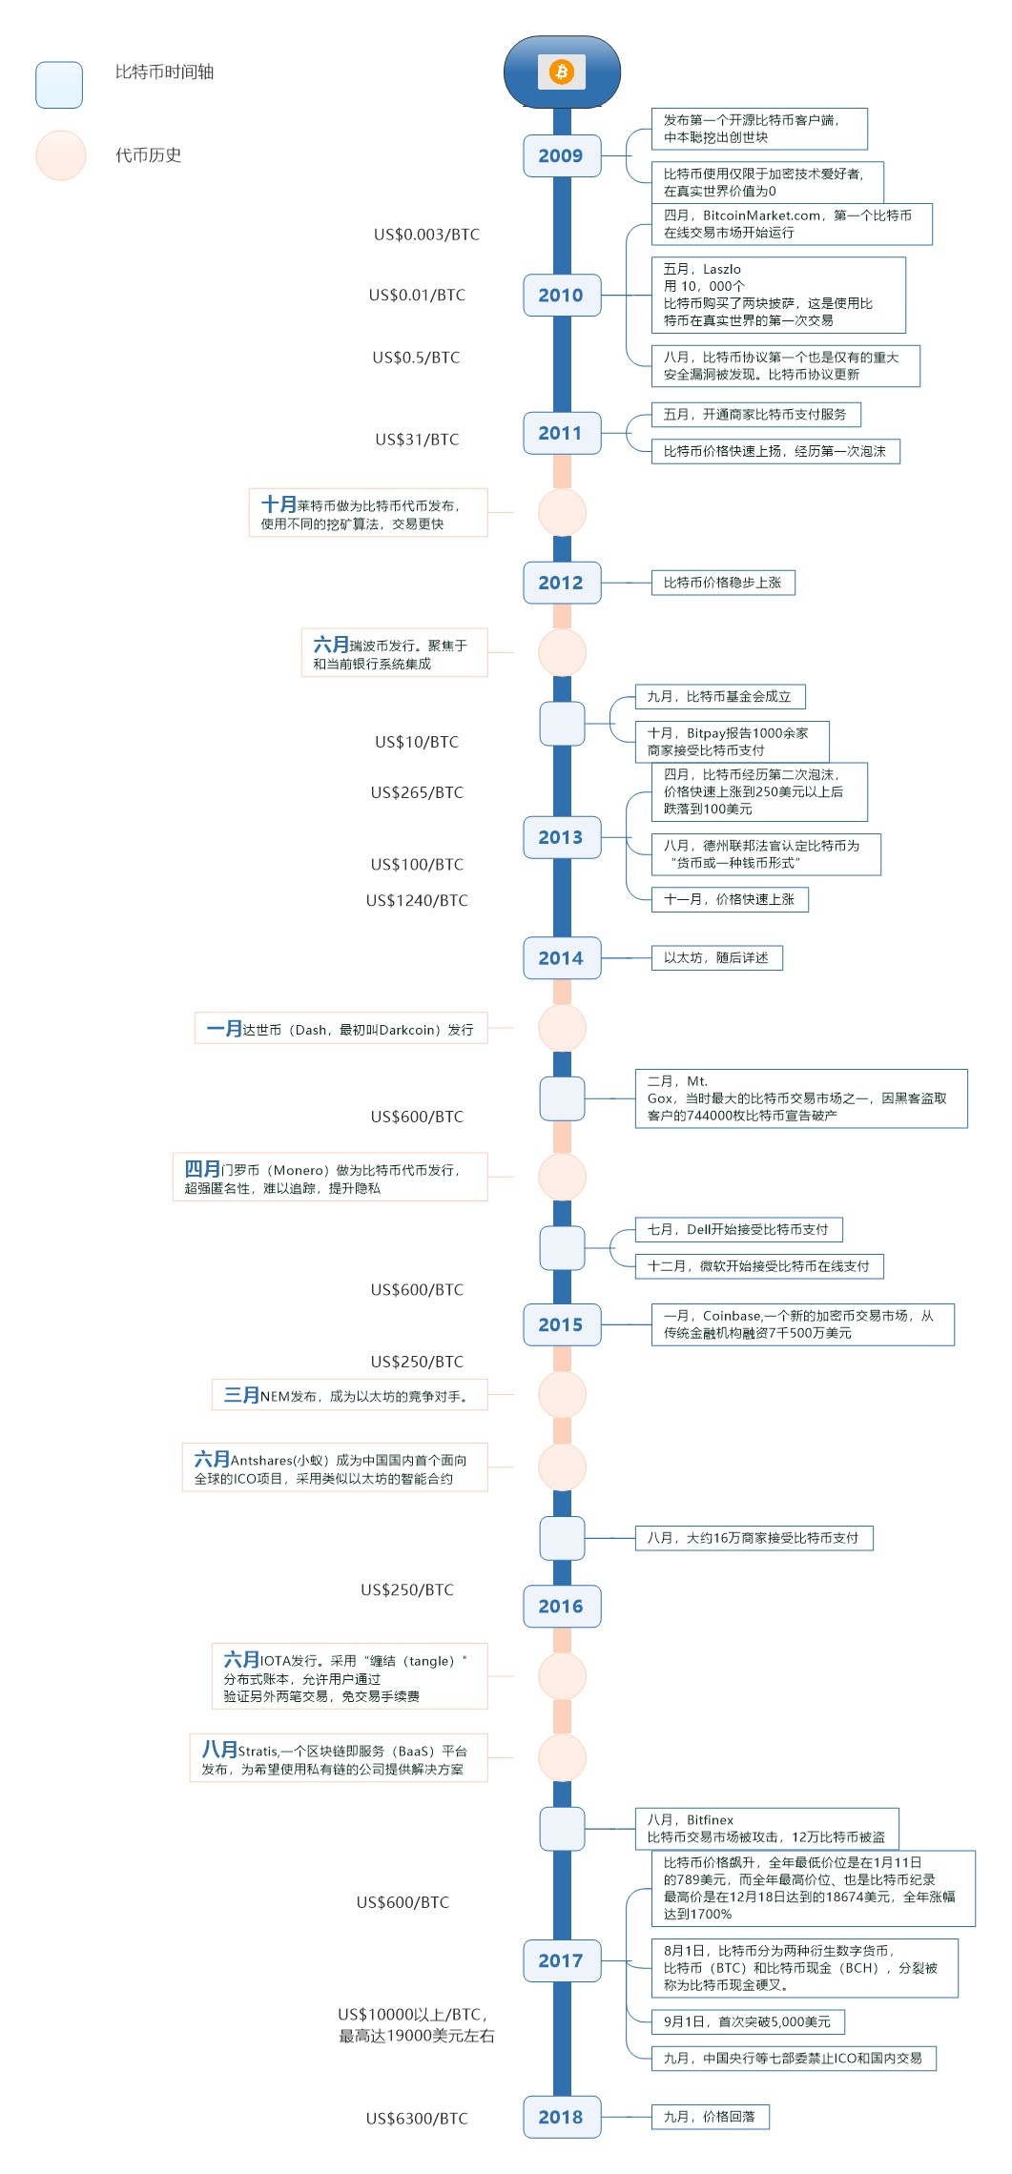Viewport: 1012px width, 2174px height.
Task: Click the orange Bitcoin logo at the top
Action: click(561, 72)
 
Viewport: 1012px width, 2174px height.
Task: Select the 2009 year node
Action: click(561, 155)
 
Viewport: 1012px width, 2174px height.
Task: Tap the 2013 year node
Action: click(561, 837)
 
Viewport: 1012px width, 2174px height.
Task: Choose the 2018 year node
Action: click(561, 2117)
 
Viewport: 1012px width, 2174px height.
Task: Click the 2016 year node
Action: click(561, 1606)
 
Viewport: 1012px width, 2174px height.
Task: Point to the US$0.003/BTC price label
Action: click(426, 235)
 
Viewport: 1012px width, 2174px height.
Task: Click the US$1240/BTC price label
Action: click(417, 900)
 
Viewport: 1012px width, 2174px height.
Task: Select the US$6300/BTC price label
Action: click(417, 2119)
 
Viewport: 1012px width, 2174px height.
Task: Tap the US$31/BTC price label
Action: click(417, 440)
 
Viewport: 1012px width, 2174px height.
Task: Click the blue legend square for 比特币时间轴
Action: click(59, 85)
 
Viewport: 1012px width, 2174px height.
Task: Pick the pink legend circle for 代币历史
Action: click(61, 155)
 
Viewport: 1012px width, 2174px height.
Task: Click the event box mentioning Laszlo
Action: click(777, 295)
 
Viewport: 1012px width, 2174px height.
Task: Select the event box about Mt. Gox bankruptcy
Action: click(800, 1098)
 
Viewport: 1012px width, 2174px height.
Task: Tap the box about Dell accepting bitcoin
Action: click(738, 1229)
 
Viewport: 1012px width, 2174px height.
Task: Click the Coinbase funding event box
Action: click(802, 1324)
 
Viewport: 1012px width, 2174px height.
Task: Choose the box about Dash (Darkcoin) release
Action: click(341, 1029)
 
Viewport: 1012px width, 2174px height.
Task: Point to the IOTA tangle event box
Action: click(349, 1676)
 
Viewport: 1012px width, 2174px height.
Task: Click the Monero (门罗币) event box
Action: click(330, 1178)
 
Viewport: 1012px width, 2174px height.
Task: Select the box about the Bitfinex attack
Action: click(766, 1828)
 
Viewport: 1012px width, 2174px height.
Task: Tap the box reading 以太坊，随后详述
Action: click(716, 957)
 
